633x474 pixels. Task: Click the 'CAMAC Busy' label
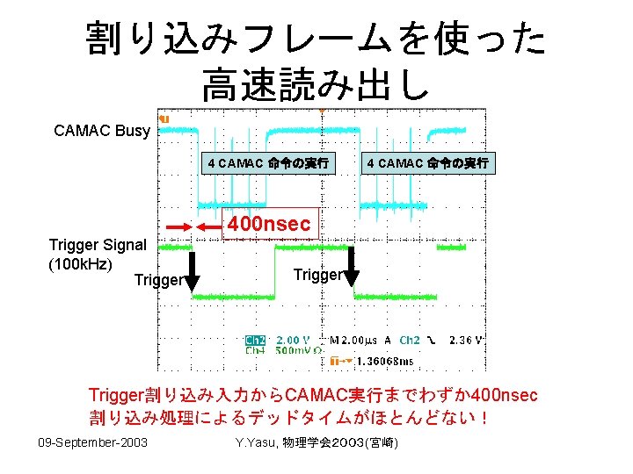click(x=102, y=131)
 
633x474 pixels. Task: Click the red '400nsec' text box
click(x=269, y=225)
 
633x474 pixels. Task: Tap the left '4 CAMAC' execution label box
click(x=268, y=162)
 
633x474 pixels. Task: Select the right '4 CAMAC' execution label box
click(x=428, y=162)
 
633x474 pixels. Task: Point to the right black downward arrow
click(x=351, y=267)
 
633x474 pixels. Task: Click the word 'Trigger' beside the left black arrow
click(x=158, y=281)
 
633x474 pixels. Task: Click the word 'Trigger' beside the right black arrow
click(x=316, y=275)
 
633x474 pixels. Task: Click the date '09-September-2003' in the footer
click(x=92, y=441)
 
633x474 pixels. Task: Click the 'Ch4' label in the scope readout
click(x=255, y=350)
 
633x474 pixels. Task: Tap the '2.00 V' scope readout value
click(x=294, y=340)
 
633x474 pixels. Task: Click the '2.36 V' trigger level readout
click(x=466, y=340)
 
